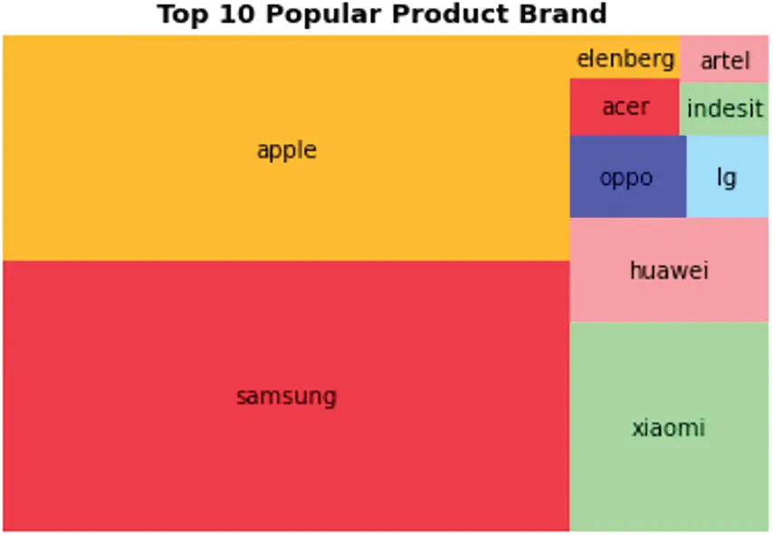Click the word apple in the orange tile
click(286, 151)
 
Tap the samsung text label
click(286, 397)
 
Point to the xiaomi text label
click(669, 428)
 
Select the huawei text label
click(669, 270)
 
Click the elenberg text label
click(625, 60)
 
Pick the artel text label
click(725, 61)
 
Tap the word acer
click(625, 108)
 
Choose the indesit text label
click(725, 108)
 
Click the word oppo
click(626, 178)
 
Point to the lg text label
click(727, 177)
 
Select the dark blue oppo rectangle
click(628, 176)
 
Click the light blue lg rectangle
click(727, 176)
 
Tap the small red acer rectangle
click(625, 107)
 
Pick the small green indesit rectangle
click(724, 108)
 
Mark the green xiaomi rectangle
click(669, 427)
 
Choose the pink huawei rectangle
click(669, 269)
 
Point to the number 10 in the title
click(237, 14)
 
